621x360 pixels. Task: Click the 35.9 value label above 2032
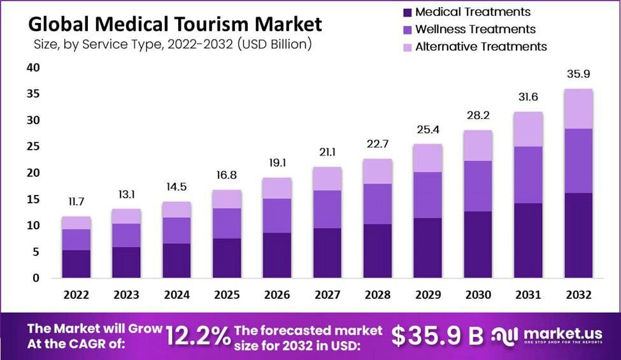click(x=578, y=73)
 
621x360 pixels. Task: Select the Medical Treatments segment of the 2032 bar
click(x=578, y=235)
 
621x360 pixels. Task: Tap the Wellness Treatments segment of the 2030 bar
click(x=478, y=186)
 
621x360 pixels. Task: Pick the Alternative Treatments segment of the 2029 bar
click(x=427, y=158)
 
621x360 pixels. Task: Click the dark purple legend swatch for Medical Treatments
click(x=406, y=12)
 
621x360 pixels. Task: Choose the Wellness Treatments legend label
click(x=475, y=29)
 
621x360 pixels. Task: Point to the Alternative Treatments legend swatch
click(x=406, y=47)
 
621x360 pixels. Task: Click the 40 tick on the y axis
click(x=33, y=68)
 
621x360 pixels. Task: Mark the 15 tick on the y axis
click(x=33, y=199)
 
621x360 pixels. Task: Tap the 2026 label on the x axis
click(x=277, y=295)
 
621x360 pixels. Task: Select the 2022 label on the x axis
click(x=76, y=295)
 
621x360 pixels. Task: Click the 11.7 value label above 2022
click(x=76, y=202)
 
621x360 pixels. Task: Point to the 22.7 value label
click(x=377, y=144)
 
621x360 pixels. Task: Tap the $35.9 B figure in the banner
click(x=437, y=336)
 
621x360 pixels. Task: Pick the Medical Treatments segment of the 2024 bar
click(x=176, y=261)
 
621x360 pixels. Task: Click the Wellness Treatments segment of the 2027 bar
click(x=327, y=209)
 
